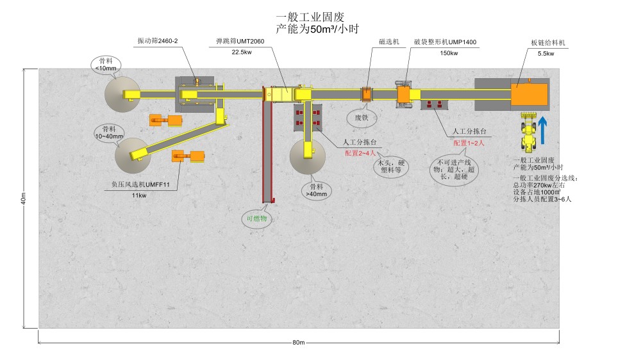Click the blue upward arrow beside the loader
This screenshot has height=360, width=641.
point(542,129)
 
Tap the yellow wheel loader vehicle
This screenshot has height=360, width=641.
point(528,133)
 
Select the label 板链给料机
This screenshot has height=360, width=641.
point(547,42)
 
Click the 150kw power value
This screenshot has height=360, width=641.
point(449,53)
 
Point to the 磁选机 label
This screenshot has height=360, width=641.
point(389,42)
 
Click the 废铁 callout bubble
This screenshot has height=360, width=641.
point(362,117)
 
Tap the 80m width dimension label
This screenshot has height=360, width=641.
point(298,342)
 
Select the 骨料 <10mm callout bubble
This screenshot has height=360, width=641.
point(106,64)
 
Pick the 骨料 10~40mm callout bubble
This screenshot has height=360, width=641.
point(108,132)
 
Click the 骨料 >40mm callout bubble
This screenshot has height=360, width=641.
point(315,190)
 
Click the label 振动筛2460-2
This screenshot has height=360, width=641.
point(158,40)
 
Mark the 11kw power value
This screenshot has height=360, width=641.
point(139,195)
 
